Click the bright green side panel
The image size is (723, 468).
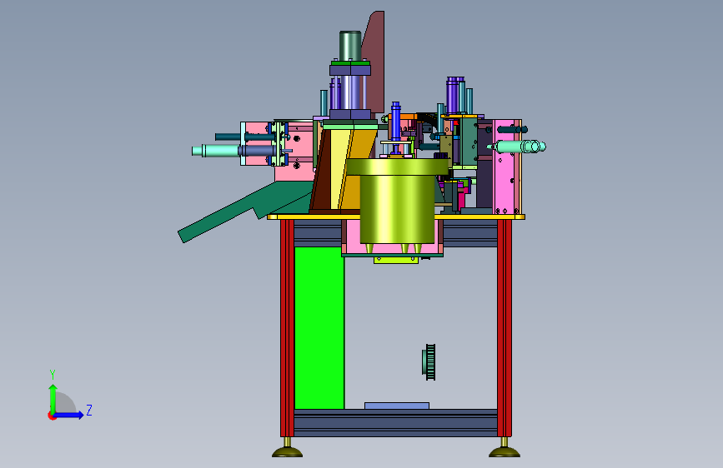pos(319,327)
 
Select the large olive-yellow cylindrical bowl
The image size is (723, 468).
pos(397,202)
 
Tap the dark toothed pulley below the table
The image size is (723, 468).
pos(429,362)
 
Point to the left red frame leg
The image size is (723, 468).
pos(287,328)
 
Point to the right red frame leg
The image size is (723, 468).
pos(505,328)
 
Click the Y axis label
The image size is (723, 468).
pos(53,374)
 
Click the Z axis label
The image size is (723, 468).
pos(89,410)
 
